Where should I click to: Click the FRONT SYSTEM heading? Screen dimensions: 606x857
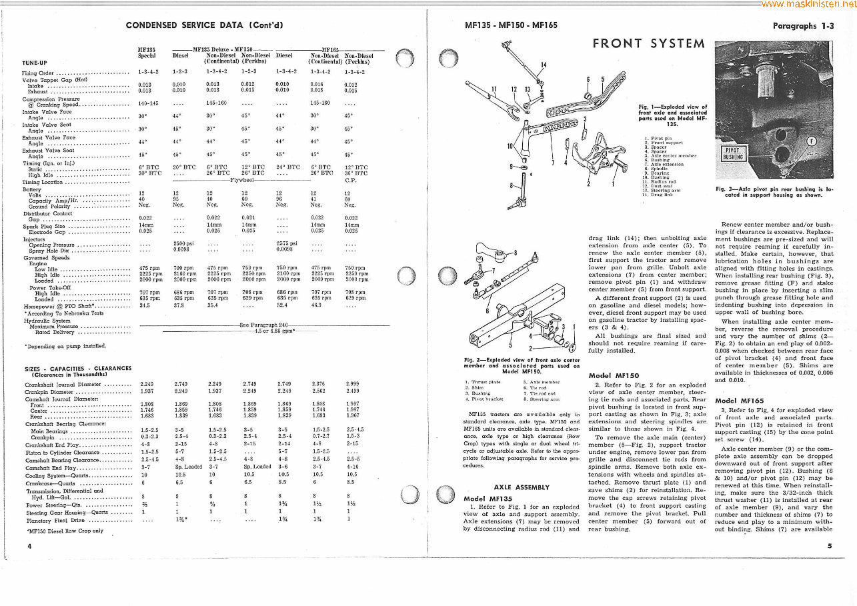click(x=648, y=44)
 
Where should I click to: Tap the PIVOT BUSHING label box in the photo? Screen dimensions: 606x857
click(x=732, y=153)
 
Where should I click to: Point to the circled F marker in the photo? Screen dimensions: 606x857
click(x=812, y=141)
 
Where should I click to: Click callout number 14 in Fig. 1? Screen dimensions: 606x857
click(x=543, y=65)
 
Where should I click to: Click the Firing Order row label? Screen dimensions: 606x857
click(x=38, y=73)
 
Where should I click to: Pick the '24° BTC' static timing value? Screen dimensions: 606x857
click(x=287, y=167)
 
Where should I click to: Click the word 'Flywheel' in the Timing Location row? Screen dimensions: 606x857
click(x=243, y=180)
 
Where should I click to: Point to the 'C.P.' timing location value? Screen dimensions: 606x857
click(x=351, y=180)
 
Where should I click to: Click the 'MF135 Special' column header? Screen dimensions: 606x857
click(x=147, y=53)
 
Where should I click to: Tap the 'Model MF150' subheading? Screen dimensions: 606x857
click(x=614, y=375)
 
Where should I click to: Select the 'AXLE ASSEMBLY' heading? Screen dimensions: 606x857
click(x=522, y=487)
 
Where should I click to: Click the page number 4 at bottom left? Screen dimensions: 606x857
click(x=29, y=546)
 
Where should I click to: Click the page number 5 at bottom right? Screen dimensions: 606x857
click(x=829, y=546)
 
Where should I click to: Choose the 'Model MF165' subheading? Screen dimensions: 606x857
click(x=734, y=400)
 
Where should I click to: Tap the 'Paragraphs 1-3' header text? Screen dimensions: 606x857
click(x=803, y=26)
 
